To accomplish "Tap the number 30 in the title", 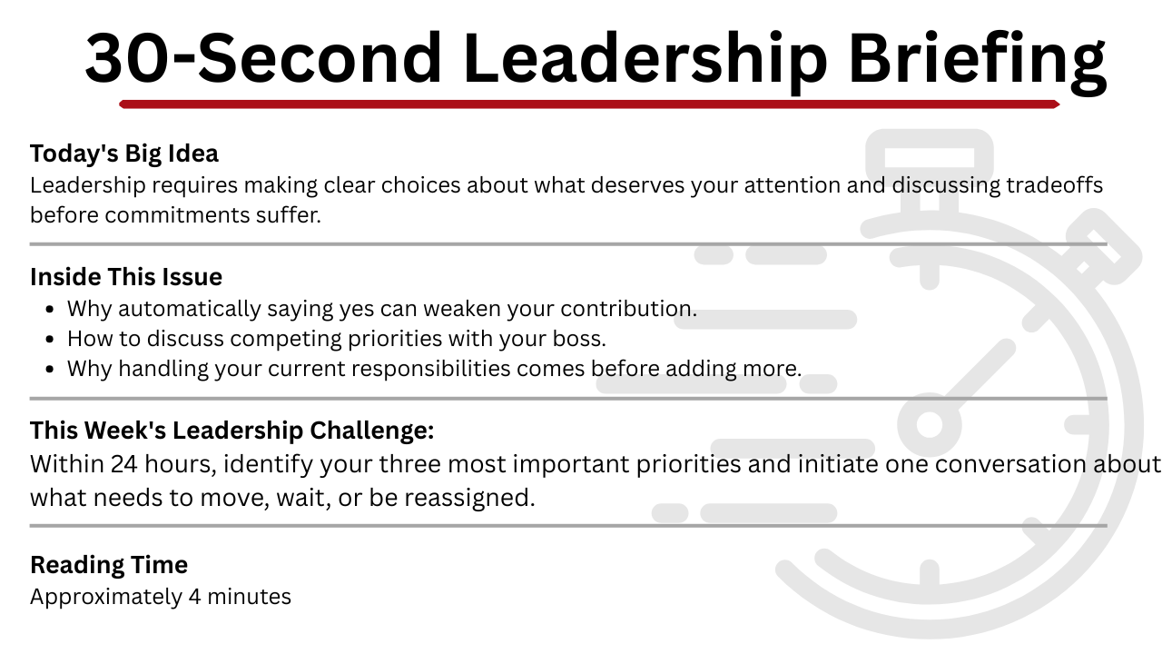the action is point(128,57).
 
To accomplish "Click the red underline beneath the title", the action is point(589,104).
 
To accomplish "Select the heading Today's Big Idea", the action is point(124,154).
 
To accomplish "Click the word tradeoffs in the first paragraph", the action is point(1055,185).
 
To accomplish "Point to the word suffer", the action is point(289,215).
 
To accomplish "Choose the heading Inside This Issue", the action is point(126,277).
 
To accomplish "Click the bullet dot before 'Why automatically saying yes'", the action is point(50,310).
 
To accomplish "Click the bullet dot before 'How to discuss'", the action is point(50,340).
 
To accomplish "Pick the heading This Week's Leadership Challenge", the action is point(231,431).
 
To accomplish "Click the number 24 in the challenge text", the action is point(123,464).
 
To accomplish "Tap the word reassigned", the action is point(469,499).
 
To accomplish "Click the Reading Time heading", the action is point(109,565).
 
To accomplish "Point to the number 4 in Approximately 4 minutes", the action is point(194,597).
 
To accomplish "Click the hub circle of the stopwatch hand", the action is point(929,424).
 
